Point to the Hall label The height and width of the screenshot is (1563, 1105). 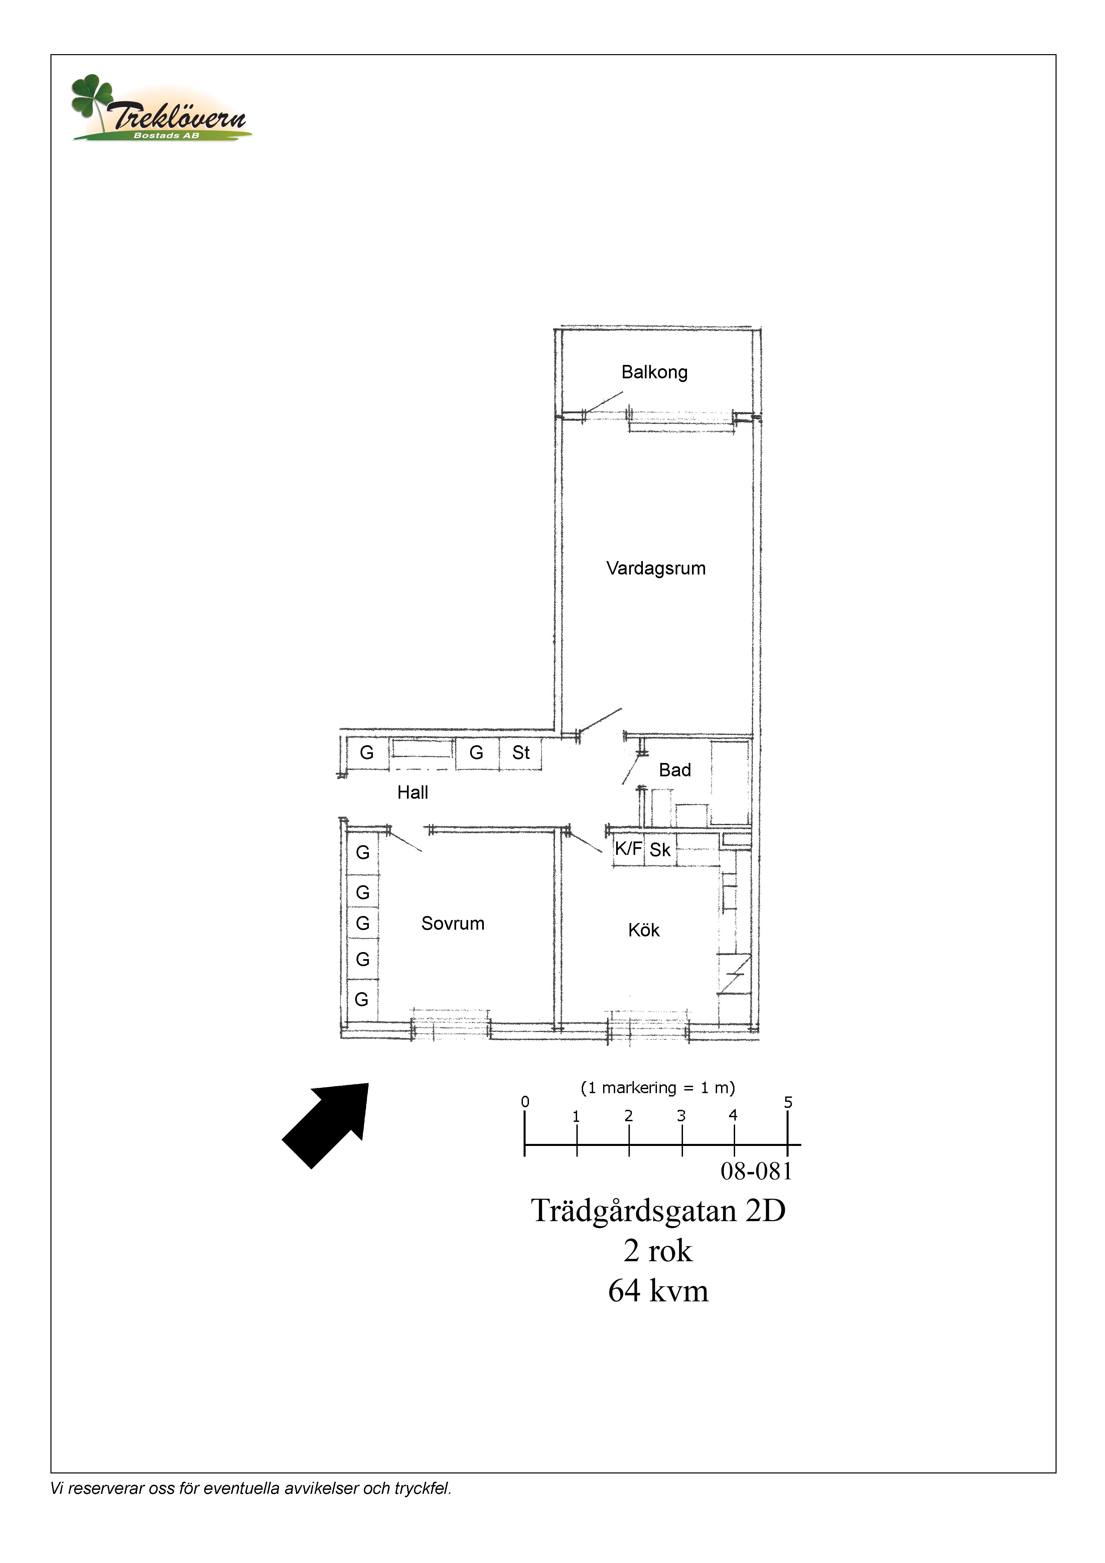(413, 792)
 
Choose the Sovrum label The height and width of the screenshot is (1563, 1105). (453, 924)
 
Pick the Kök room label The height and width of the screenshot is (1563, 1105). (644, 931)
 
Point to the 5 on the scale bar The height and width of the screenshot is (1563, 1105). (788, 1102)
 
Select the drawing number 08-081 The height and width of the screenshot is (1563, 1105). (756, 1172)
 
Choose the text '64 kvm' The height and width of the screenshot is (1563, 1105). (658, 1291)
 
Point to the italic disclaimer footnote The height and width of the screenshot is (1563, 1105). (251, 1489)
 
